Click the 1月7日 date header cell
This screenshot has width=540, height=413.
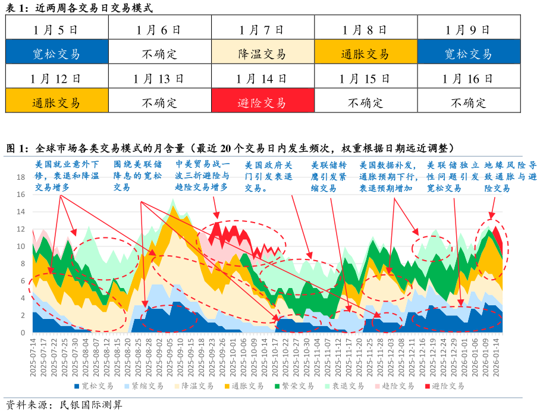point(262,29)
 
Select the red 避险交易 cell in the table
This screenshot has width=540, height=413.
point(262,102)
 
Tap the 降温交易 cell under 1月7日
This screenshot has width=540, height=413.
point(262,54)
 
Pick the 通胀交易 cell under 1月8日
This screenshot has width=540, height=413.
point(365,54)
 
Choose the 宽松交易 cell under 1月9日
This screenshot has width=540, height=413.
point(469,54)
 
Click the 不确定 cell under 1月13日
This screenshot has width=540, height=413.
point(159,102)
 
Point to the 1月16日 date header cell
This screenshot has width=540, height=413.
point(469,78)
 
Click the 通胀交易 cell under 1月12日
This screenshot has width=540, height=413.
point(56,102)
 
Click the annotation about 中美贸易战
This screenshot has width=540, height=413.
point(202,175)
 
